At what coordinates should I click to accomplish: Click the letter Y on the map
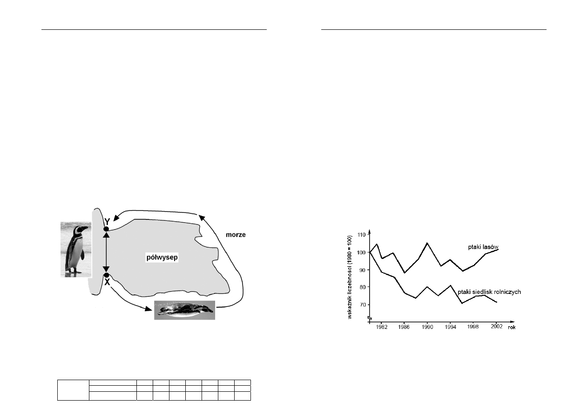pos(107,222)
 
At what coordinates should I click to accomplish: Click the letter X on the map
pos(107,282)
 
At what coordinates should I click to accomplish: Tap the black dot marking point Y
pos(106,229)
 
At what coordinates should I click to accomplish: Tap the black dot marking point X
pos(106,275)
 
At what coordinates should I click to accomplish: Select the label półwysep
pos(162,257)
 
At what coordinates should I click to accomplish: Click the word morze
pos(236,235)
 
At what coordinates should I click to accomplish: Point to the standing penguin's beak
pos(85,228)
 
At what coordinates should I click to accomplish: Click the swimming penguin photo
pos(184,310)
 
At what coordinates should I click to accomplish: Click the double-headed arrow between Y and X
pos(106,252)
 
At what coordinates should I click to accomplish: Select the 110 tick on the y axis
pos(362,234)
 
